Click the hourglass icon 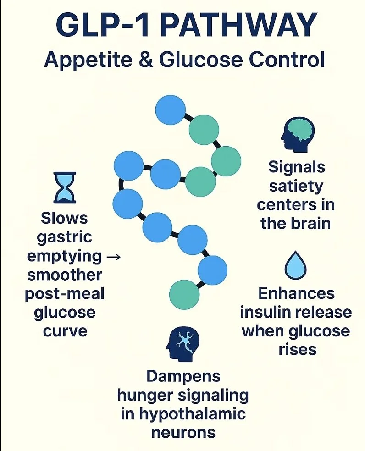click(x=65, y=187)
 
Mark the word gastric click(x=64, y=237)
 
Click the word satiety click(x=296, y=186)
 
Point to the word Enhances click(x=296, y=293)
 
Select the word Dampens click(x=183, y=376)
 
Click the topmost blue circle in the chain click(x=171, y=109)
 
